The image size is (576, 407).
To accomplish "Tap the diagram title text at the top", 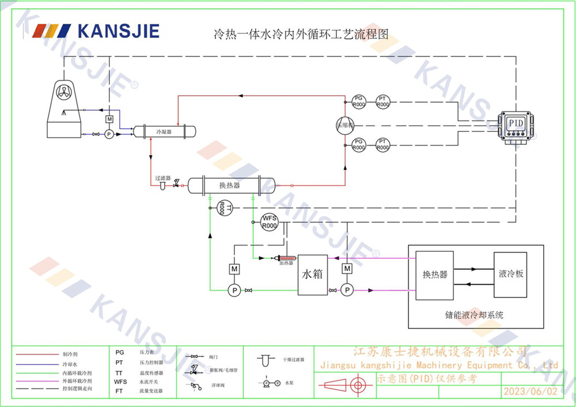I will [301, 34].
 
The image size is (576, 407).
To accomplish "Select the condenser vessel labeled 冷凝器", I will [164, 132].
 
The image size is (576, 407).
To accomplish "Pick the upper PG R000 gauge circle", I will [359, 101].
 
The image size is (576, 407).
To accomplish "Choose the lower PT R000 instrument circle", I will [382, 145].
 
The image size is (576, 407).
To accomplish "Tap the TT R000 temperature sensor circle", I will [224, 208].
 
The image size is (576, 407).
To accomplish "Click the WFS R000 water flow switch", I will [270, 222].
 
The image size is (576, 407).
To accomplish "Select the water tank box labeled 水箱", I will [312, 274].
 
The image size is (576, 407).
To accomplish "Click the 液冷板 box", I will [510, 275].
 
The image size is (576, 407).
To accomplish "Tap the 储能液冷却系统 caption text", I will [474, 315].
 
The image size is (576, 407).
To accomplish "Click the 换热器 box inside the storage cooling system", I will [435, 275].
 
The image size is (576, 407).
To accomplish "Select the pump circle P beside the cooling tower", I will [108, 134].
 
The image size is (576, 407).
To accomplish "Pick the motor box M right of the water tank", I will [347, 269].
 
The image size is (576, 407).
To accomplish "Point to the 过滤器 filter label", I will [162, 178].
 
